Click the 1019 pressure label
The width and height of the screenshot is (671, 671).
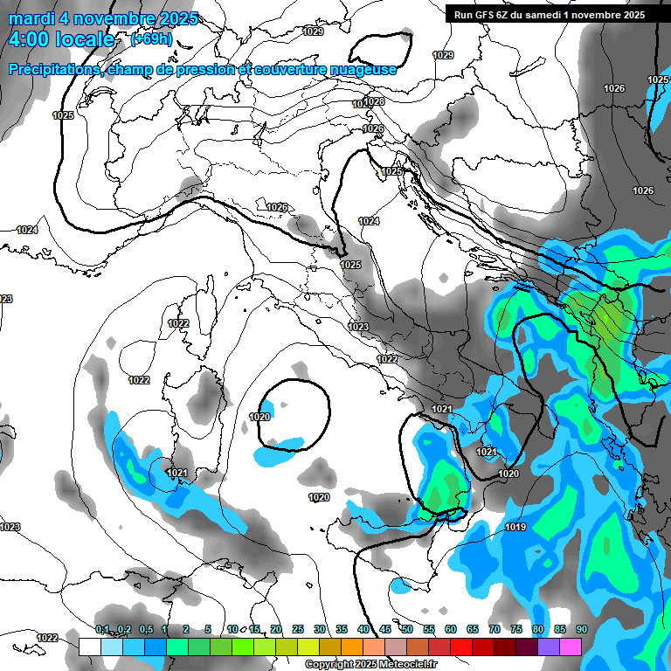tap(515, 527)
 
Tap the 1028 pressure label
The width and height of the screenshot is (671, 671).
tap(374, 101)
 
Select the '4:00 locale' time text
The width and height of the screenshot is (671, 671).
tap(60, 39)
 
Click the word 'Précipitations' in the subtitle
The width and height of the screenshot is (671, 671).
tap(54, 69)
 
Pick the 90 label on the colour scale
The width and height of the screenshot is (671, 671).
tap(582, 630)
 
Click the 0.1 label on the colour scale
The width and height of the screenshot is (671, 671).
tap(102, 630)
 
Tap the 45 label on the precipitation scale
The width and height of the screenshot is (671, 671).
tap(385, 630)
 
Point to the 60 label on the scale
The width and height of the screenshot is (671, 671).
tap(451, 630)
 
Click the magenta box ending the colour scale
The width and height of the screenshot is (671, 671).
tap(571, 647)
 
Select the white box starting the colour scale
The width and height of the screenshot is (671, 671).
tap(90, 647)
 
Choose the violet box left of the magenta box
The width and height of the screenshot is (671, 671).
tap(549, 647)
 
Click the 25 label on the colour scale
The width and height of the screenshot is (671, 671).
tap(298, 630)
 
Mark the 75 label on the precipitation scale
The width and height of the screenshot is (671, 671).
tap(516, 630)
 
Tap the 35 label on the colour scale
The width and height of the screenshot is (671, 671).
tap(342, 630)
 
